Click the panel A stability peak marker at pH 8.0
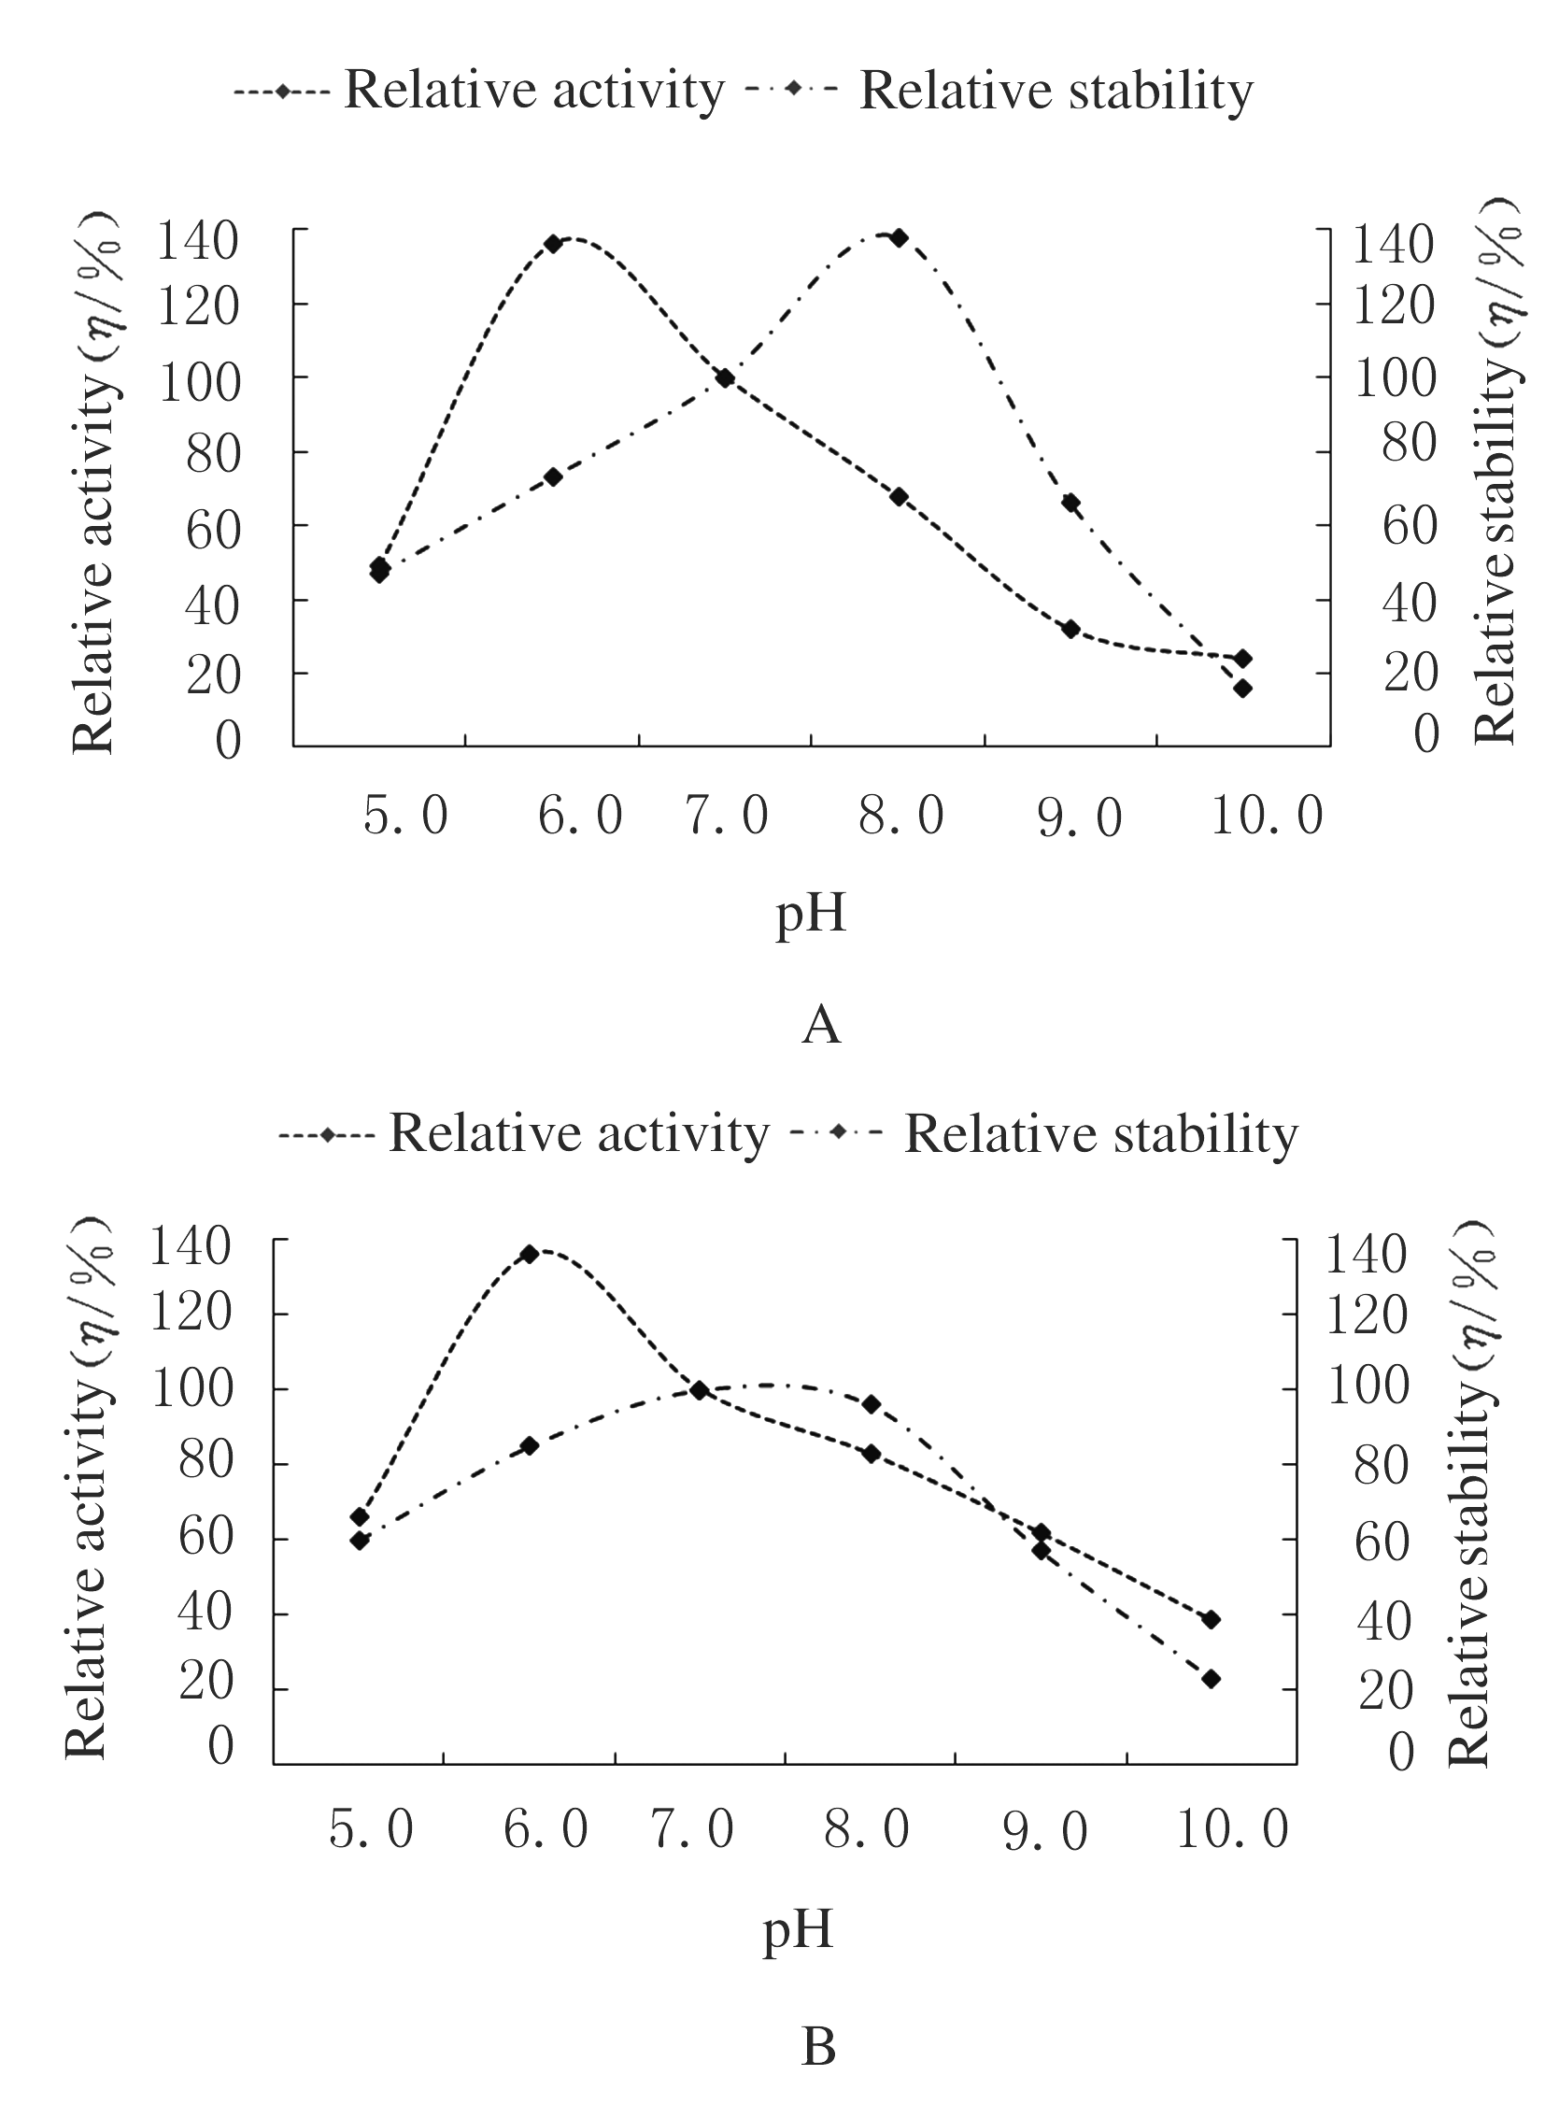coord(899,237)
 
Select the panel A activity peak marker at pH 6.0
coord(553,243)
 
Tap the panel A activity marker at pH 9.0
coord(1070,629)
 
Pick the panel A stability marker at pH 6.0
coord(553,476)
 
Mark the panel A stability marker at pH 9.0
coord(1070,504)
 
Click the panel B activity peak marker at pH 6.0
coord(530,1254)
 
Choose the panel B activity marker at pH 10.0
coord(1212,1619)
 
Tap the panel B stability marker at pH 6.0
coord(530,1445)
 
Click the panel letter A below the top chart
coord(821,1025)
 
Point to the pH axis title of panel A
coord(811,913)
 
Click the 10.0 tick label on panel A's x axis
coord(1268,815)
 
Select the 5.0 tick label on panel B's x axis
coord(371,1829)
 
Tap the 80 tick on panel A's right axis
coord(1409,443)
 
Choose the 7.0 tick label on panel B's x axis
coord(693,1829)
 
